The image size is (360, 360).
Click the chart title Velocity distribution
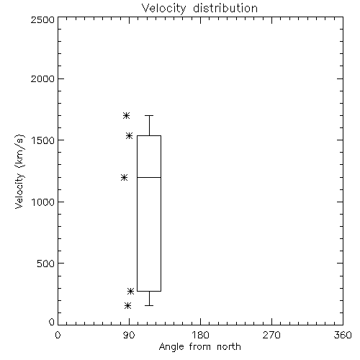click(x=199, y=8)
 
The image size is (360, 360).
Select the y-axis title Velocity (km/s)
click(x=19, y=171)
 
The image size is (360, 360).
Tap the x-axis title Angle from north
click(x=199, y=347)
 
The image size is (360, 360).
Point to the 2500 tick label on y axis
click(x=42, y=19)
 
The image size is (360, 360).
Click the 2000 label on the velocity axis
click(x=42, y=78)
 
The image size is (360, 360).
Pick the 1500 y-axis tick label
click(x=43, y=140)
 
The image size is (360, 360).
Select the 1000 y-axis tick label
click(x=43, y=202)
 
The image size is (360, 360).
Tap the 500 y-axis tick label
click(x=46, y=264)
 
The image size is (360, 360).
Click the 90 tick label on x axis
click(x=129, y=335)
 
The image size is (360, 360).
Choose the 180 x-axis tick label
click(x=200, y=335)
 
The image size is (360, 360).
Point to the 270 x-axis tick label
click(x=271, y=335)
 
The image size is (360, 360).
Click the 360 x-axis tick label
click(x=343, y=335)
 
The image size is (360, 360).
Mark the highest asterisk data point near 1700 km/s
click(x=127, y=116)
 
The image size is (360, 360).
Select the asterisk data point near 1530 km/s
click(x=130, y=136)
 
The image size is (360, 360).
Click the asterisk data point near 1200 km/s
click(x=124, y=178)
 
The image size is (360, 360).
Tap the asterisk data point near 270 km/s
click(x=130, y=291)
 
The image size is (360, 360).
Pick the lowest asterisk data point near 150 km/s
click(x=128, y=305)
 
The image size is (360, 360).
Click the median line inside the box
click(x=149, y=177)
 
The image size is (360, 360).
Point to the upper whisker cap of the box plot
click(x=149, y=115)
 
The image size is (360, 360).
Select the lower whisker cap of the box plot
click(x=149, y=305)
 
